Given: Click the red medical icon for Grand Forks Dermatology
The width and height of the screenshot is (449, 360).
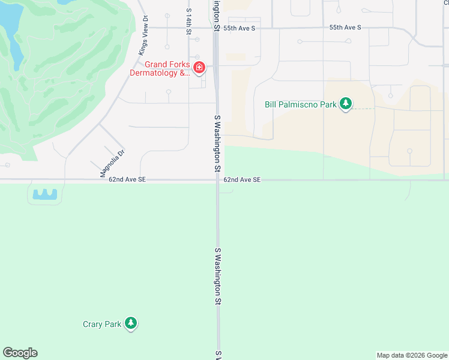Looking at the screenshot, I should coord(199,67).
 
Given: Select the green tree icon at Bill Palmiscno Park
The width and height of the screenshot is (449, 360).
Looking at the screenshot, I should coord(345,104).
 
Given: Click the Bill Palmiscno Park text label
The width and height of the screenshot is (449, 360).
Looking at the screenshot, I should coord(301,104).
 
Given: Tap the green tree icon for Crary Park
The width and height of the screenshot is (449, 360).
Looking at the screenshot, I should coord(131,324).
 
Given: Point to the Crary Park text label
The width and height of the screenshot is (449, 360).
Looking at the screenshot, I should coord(102,325).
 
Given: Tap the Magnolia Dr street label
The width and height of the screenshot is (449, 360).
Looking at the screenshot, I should coord(112,163).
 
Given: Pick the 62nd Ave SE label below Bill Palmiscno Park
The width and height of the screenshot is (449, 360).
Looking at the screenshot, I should coord(242,179).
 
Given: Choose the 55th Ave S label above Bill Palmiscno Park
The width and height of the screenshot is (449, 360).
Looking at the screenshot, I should coord(345,28).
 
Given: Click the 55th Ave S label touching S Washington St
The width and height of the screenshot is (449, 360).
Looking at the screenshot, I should coord(238,28).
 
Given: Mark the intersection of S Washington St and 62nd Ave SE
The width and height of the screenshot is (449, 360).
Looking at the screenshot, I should coord(217,179).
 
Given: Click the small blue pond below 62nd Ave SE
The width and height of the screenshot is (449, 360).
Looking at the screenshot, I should coord(44,194).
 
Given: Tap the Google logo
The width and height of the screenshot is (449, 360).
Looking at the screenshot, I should coord(20,353).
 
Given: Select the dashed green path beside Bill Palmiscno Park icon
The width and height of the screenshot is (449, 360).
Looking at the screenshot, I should coord(362,109).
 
